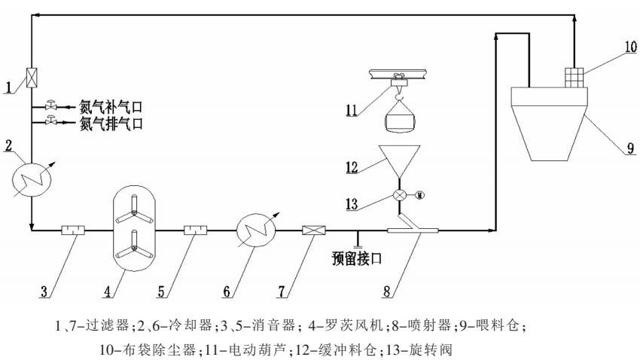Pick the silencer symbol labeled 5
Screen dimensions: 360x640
pyautogui.click(x=196, y=230)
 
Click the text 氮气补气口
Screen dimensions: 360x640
pyautogui.click(x=111, y=108)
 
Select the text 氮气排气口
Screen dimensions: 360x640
pyautogui.click(x=111, y=122)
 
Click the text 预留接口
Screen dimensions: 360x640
pyautogui.click(x=356, y=258)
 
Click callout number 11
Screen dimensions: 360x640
pyautogui.click(x=352, y=111)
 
